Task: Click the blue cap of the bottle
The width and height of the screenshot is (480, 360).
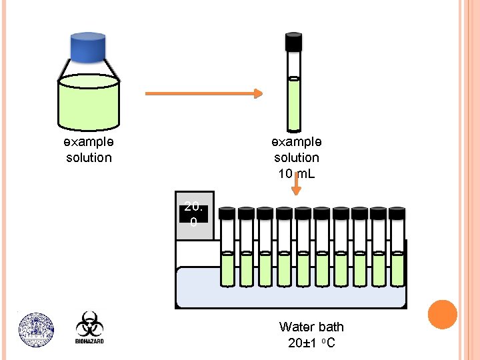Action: click(88, 47)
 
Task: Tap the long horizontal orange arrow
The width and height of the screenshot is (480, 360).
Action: click(204, 93)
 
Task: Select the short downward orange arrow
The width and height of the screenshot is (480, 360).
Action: click(296, 184)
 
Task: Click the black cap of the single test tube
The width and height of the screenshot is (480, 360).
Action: click(293, 41)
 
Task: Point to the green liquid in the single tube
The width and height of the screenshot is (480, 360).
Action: click(293, 104)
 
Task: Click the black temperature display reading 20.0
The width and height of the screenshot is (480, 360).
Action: click(193, 214)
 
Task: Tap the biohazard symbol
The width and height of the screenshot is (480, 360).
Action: click(89, 324)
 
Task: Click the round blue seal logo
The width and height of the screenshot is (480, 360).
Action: click(36, 330)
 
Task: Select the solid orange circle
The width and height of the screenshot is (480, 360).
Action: click(443, 315)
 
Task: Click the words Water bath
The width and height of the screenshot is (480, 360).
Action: click(311, 327)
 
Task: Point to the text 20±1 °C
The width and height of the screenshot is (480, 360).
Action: click(311, 343)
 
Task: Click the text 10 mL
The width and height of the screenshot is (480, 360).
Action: click(296, 173)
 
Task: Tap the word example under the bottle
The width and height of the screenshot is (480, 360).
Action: click(89, 142)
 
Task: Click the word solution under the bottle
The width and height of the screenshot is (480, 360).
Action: click(89, 157)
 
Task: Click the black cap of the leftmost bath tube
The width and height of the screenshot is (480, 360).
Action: click(227, 213)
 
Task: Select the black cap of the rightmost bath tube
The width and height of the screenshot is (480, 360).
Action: click(397, 213)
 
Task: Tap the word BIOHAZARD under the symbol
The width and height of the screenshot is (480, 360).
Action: click(89, 341)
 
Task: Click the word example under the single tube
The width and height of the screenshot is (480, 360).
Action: click(296, 142)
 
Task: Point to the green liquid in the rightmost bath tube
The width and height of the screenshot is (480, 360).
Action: click(397, 269)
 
